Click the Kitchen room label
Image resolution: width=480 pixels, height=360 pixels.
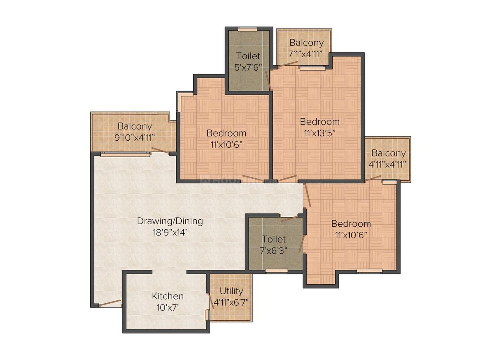168,296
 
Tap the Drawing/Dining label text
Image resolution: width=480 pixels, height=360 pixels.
170,221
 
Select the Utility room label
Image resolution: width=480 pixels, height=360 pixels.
231,291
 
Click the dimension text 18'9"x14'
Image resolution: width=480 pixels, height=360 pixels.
170,233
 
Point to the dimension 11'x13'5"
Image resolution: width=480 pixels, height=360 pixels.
320,133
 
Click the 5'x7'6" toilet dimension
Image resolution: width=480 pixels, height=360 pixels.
248,67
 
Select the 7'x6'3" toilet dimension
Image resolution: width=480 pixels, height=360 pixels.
274,251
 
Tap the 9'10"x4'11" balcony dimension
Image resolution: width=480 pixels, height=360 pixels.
135,138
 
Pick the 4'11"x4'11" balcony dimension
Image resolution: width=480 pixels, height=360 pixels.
388,164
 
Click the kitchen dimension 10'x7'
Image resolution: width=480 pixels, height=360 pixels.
168,307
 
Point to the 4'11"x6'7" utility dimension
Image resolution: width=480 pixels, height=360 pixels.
231,303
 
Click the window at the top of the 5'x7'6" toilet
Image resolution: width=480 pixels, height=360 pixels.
248,29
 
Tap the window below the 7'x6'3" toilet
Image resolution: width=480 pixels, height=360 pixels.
276,271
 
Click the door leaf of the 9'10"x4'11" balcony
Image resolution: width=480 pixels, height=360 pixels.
160,150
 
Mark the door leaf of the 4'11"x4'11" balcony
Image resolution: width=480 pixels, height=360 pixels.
373,178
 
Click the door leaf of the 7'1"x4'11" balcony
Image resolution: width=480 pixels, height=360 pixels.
288,63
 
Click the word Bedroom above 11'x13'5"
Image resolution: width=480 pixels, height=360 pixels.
320,122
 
